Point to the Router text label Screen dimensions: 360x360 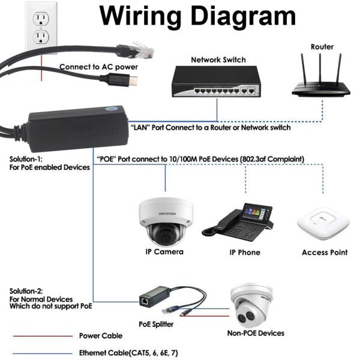pyautogui.click(x=322, y=46)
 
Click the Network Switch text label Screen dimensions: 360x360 pyautogui.click(x=218, y=60)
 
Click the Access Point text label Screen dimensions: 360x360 pyautogui.click(x=324, y=253)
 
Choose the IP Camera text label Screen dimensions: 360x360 pyautogui.click(x=164, y=252)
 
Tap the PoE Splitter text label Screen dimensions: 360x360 pyautogui.click(x=156, y=324)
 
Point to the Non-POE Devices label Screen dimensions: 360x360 pyautogui.click(x=256, y=333)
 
